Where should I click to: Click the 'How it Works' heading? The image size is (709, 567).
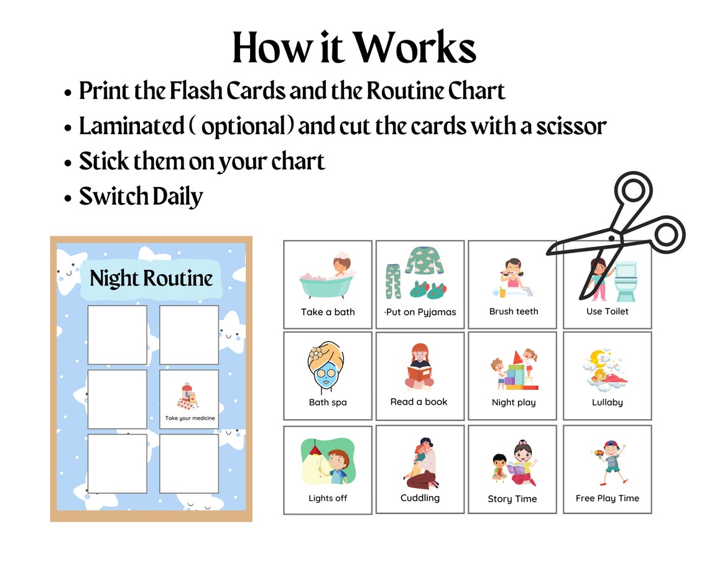pos(354,48)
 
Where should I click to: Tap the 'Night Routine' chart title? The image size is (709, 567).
pos(151,278)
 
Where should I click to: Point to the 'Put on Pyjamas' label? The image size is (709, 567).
pos(421,312)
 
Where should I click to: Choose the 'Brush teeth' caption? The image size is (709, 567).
pos(513,311)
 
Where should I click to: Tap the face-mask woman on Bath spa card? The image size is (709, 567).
pos(325,371)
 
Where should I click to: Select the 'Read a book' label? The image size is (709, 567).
pos(419,402)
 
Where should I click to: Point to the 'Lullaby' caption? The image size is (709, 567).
pos(607,402)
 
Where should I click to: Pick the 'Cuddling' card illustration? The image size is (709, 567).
pos(420,463)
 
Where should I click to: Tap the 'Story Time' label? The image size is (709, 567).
pos(512,499)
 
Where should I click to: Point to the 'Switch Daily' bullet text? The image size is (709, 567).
pos(141,197)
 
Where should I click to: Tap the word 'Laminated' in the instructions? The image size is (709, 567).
pos(132,126)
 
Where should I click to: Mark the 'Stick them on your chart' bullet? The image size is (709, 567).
pos(202,162)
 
